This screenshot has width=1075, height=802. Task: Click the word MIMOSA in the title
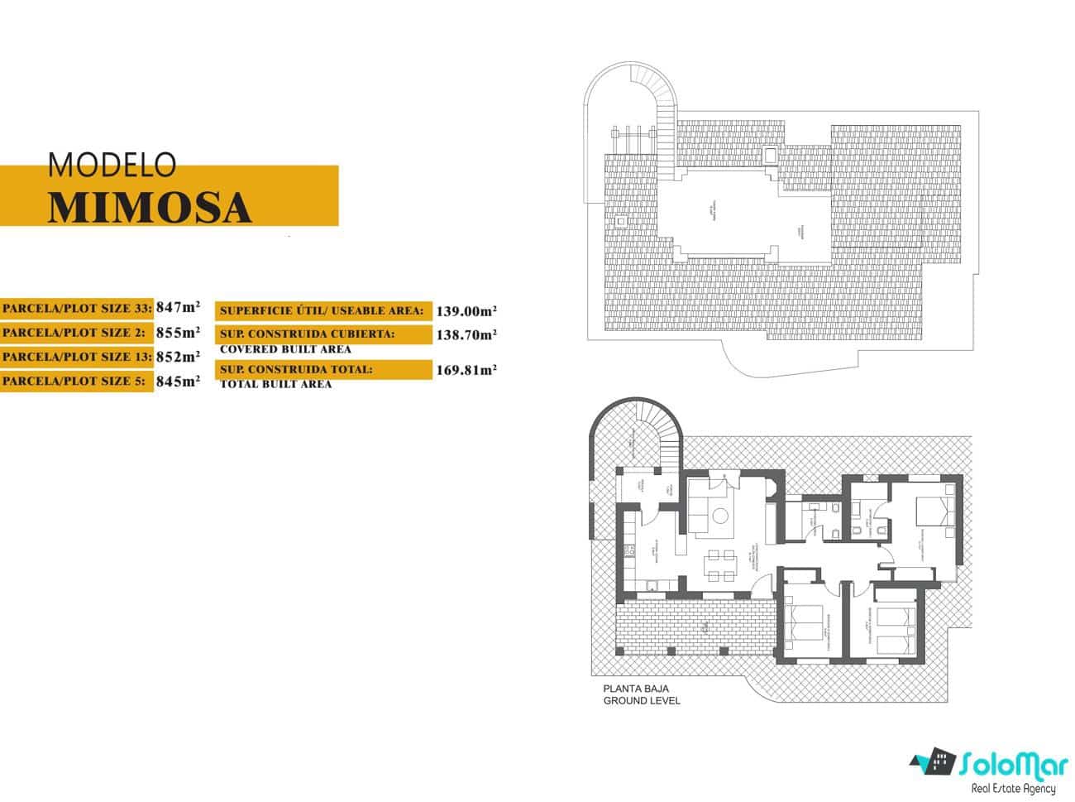tap(149, 208)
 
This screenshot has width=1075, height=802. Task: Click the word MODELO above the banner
tap(112, 165)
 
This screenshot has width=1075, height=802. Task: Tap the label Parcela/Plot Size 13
tap(76, 357)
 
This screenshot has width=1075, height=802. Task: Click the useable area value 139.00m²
tap(466, 310)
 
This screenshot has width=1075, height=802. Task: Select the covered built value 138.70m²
tap(466, 334)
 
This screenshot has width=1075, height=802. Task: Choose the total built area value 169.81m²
tap(466, 370)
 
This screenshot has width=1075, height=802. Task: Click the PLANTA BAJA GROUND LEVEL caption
tap(641, 694)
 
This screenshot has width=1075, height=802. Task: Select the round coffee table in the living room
tap(720, 516)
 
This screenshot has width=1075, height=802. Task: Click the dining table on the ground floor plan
tap(720, 567)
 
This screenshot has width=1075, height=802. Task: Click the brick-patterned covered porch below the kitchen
tap(693, 628)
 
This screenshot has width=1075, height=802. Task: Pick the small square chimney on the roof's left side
tap(620, 221)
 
